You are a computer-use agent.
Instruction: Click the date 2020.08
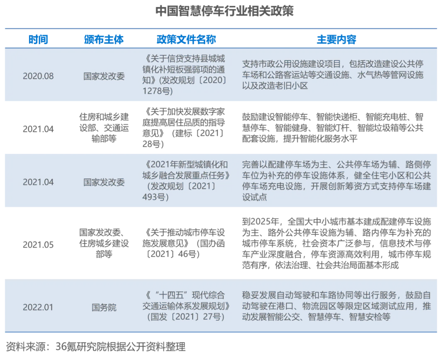[38, 76]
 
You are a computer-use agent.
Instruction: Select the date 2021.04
[38, 182]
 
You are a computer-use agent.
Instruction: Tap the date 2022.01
[38, 307]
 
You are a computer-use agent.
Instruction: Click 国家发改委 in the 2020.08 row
[104, 76]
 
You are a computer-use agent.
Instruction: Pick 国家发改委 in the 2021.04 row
[104, 182]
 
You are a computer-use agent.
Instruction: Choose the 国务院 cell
[104, 308]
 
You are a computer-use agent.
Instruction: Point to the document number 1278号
[156, 91]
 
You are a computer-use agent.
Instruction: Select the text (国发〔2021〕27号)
[185, 317]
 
